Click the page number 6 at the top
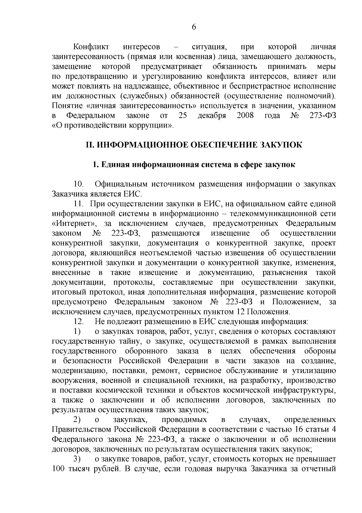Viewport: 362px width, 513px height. click(194, 27)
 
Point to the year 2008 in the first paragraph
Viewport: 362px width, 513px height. click(245, 115)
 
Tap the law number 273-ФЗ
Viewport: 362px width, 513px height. click(322, 115)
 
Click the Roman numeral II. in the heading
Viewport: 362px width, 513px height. click(90, 145)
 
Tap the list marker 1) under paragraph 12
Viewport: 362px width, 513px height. click(77, 331)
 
